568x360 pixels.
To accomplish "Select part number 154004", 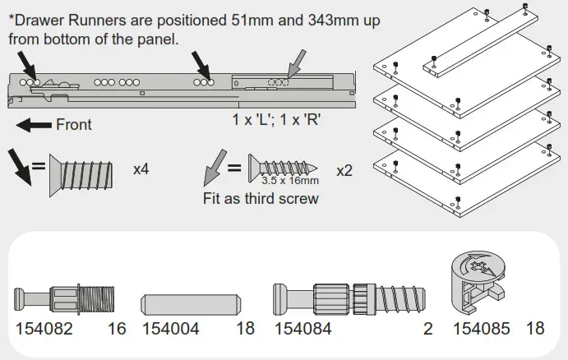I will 172,329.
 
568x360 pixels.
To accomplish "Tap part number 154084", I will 302,329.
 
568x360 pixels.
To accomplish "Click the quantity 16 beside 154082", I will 117,329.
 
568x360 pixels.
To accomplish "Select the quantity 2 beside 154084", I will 427,329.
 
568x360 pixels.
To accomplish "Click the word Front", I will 73,126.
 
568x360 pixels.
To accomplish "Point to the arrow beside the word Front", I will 34,126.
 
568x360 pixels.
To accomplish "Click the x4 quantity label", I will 142,169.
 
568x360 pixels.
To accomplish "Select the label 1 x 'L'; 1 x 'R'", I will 276,118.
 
